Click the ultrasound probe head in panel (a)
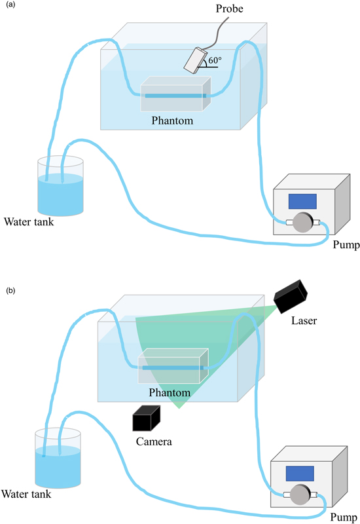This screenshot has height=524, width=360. [x=195, y=60]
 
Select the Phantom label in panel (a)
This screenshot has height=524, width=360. [x=172, y=121]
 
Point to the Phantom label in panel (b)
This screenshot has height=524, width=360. [x=170, y=393]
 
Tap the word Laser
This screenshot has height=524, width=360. [x=306, y=322]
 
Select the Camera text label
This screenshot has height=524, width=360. [x=154, y=441]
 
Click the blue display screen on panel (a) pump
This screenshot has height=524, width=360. [x=302, y=201]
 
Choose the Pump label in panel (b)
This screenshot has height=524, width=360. [x=341, y=517]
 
